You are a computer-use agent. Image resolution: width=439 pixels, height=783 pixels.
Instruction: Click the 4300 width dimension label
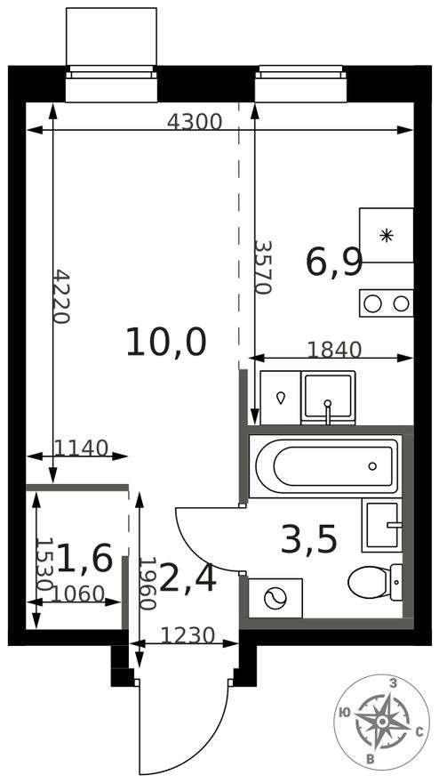tap(195, 123)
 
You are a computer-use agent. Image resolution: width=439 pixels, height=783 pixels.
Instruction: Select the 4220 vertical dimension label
tap(60, 296)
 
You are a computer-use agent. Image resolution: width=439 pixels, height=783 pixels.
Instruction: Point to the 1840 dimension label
tap(334, 350)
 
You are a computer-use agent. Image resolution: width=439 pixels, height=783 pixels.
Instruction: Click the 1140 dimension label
tap(81, 448)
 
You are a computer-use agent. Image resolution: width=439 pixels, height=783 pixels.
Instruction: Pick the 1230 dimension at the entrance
tap(188, 635)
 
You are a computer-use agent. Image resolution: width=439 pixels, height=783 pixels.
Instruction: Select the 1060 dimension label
tap(79, 593)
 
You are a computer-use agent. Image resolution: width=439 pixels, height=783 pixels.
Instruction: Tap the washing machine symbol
tap(275, 599)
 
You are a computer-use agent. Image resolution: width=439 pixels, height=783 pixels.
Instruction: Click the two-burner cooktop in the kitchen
tap(387, 303)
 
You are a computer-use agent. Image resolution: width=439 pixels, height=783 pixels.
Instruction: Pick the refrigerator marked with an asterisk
tap(387, 235)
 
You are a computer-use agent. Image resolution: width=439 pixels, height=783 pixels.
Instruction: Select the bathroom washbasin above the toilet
tap(382, 526)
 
